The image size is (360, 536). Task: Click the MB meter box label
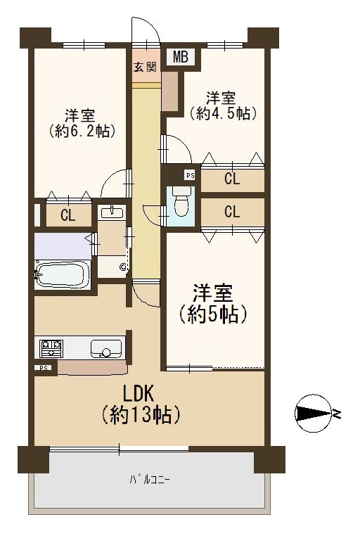(180, 57)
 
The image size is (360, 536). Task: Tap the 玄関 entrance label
(145, 67)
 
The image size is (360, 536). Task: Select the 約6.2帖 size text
(81, 131)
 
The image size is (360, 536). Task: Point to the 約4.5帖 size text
(223, 113)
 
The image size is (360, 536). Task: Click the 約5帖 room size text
(212, 313)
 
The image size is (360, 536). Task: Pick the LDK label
(139, 393)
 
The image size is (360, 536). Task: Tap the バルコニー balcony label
(150, 480)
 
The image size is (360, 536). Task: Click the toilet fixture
(181, 202)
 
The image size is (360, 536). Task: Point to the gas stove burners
(51, 347)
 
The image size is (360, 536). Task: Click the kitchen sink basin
(106, 349)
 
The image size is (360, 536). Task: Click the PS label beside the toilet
(191, 176)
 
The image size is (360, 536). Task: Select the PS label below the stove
(44, 368)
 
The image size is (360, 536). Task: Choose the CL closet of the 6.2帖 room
(68, 215)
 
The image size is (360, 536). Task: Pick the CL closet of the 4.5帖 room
(233, 179)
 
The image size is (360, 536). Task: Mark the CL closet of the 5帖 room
(233, 212)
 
